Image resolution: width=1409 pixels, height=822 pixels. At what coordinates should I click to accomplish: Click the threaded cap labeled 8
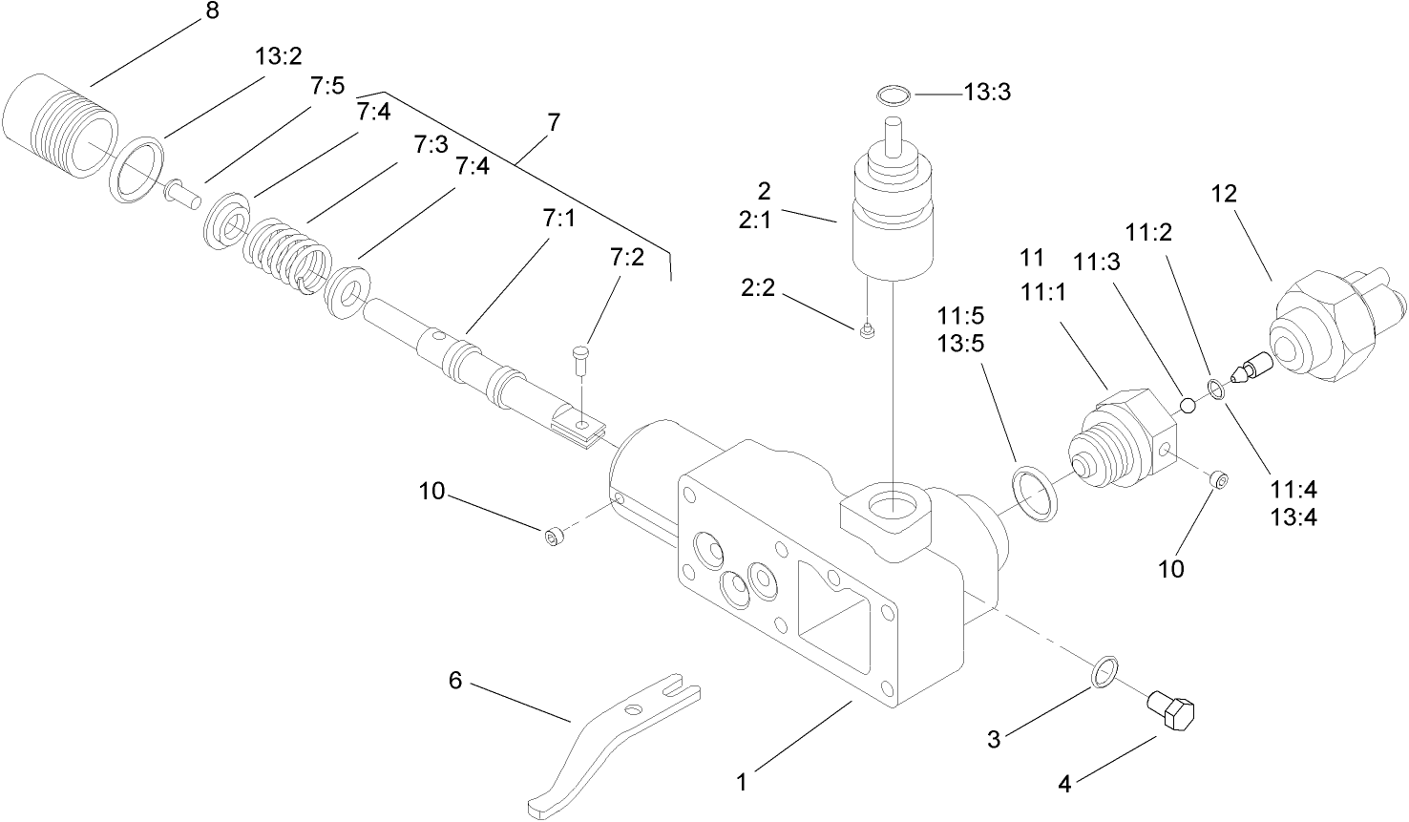[59, 125]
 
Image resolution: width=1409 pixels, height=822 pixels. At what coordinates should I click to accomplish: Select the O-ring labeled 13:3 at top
[894, 95]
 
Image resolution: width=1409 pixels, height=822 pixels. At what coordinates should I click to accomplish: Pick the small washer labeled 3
[1103, 671]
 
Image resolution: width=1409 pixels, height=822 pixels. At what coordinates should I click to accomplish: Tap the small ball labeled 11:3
[1188, 405]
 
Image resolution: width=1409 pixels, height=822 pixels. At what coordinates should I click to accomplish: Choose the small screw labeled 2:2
[867, 331]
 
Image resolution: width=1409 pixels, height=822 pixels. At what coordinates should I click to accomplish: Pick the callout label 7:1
[559, 220]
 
